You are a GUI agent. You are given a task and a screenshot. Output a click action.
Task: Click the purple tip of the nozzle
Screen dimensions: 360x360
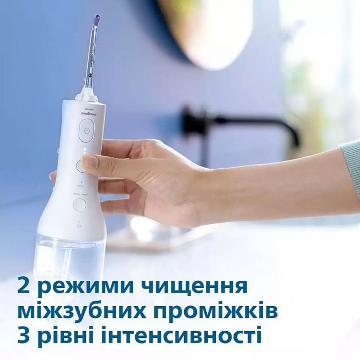[97, 21]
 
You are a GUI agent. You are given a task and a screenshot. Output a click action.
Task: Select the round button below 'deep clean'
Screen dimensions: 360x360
[79, 205]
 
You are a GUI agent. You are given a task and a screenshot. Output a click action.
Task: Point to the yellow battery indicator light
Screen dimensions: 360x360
[78, 222]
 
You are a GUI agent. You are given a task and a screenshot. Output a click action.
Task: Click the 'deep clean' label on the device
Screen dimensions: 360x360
[80, 194]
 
